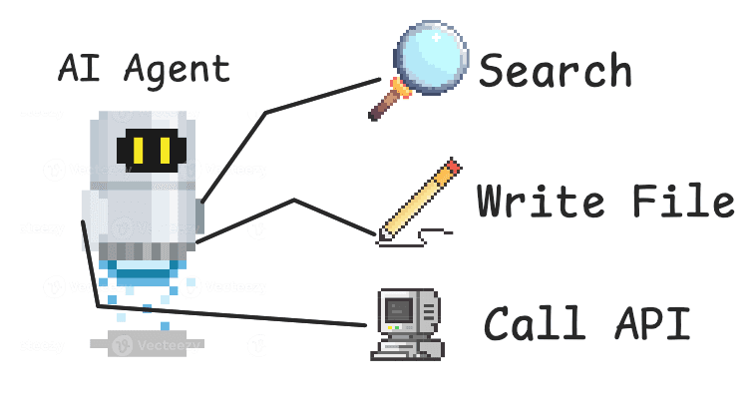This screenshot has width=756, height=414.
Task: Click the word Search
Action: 556,71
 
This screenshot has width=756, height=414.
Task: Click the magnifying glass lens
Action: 428,54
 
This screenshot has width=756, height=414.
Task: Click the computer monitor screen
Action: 399,311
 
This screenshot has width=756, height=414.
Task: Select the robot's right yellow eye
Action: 163,151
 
